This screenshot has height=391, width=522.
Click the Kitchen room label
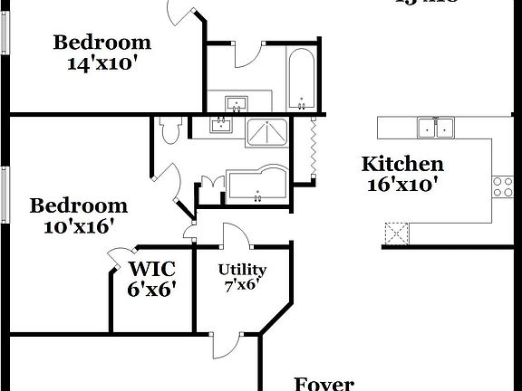tap(402, 164)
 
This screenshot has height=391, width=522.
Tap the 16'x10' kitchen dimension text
tap(402, 185)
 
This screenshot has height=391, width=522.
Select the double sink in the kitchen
tap(436, 128)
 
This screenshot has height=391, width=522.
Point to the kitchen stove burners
tap(501, 186)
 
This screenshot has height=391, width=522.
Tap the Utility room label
tap(242, 270)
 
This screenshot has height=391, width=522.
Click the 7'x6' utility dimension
tap(242, 285)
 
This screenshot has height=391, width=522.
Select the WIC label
tap(151, 269)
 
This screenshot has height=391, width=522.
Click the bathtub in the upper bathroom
tap(301, 78)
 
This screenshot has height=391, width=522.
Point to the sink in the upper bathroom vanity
tap(235, 102)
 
